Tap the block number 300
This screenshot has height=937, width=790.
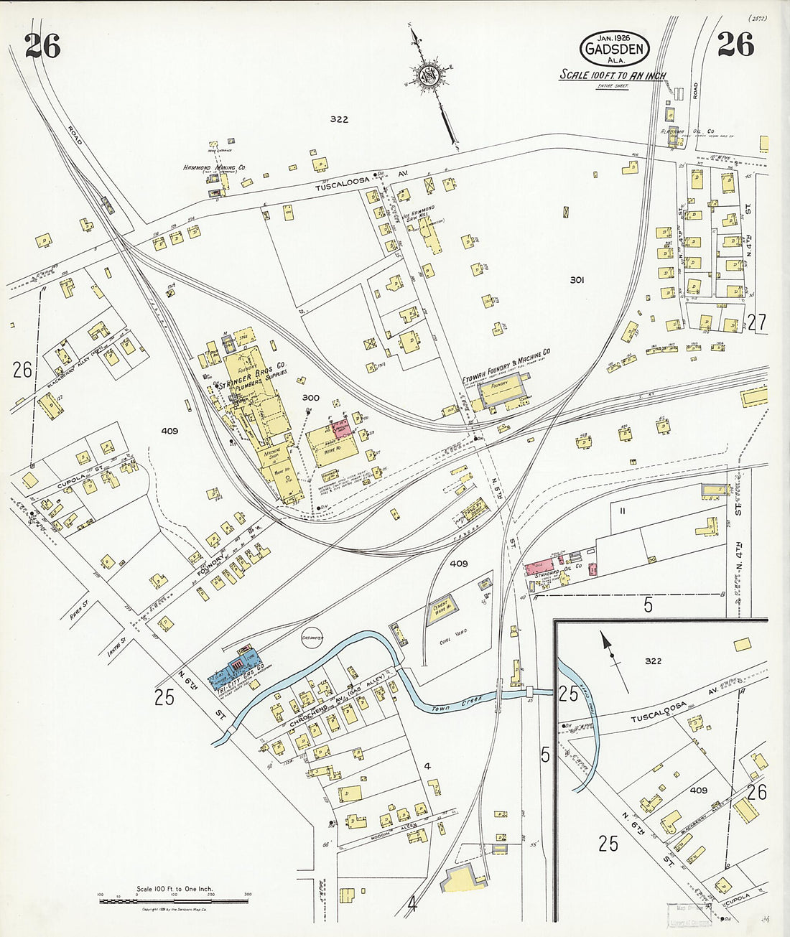click(x=310, y=397)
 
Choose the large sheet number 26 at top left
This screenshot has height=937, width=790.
click(x=42, y=47)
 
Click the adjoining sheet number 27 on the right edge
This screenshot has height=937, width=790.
click(x=756, y=323)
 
